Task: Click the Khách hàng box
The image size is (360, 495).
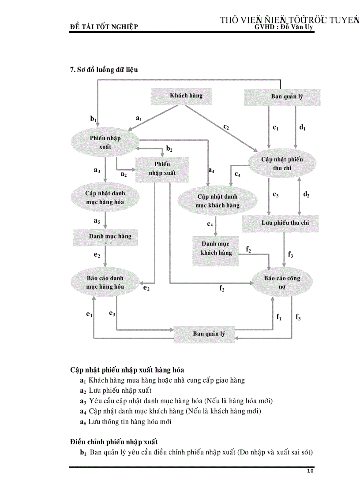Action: coord(186,96)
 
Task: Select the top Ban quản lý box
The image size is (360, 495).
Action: coord(282,97)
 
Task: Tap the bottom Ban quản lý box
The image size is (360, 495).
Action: coord(209,334)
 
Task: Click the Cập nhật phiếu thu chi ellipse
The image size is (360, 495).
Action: coord(282,164)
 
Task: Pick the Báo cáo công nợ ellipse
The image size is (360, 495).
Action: coord(282,282)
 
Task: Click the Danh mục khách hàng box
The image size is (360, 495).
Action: coord(216,249)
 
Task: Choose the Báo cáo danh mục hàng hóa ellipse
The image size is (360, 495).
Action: coord(105,282)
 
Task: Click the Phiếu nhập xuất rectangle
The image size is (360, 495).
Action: coord(162,169)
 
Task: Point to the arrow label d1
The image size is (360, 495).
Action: coord(302,128)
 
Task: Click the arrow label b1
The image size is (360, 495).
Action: coord(93,119)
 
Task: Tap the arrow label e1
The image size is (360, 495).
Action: coord(89,314)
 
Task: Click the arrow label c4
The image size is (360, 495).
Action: coord(237,175)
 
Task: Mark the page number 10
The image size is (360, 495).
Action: coord(310,471)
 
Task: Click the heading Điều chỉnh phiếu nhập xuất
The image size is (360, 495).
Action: coord(114,442)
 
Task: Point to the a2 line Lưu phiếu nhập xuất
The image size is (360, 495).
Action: coord(120,391)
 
